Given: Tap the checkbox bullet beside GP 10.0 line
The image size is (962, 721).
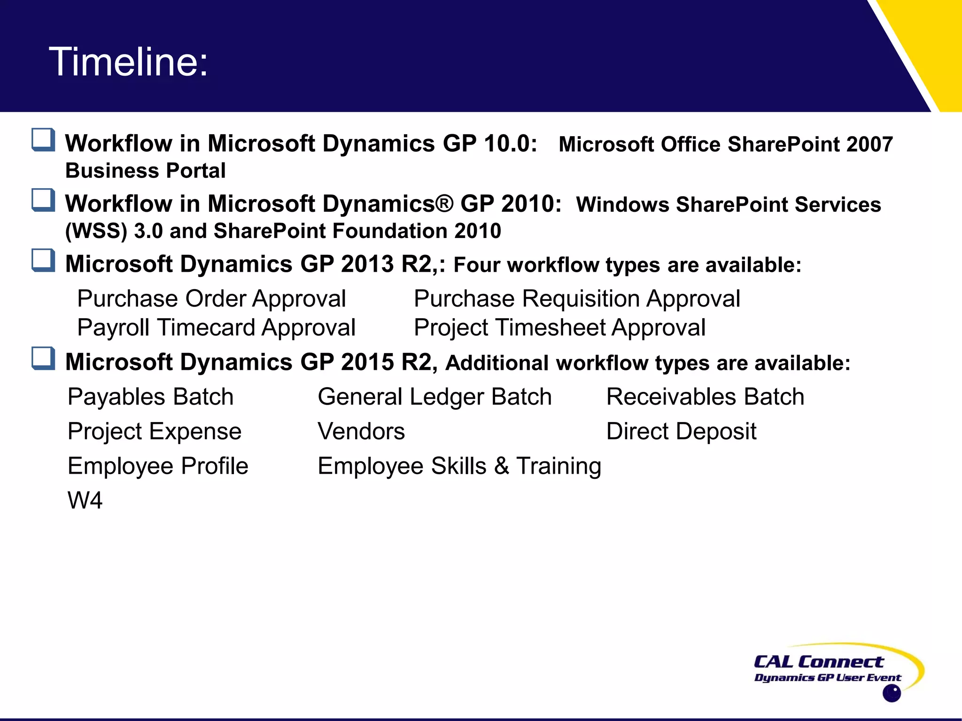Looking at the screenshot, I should (x=43, y=140).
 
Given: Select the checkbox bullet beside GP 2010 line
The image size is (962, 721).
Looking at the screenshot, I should (x=43, y=200).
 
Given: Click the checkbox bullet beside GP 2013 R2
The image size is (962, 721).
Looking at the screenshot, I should (x=43, y=260).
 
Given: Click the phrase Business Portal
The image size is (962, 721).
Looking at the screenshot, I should (x=145, y=171).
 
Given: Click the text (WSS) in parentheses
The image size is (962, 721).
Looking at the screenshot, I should (x=96, y=231).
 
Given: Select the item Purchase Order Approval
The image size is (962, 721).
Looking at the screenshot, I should (x=211, y=299).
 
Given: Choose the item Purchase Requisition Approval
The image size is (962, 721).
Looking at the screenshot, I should (x=577, y=299).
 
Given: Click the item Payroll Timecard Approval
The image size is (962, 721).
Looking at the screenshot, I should (x=216, y=328).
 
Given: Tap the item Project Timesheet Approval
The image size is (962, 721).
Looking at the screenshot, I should (x=559, y=328).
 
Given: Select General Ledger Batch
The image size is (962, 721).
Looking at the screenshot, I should (x=434, y=397).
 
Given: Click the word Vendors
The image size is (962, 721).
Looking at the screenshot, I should (x=361, y=431).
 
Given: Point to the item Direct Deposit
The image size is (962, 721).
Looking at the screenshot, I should (x=681, y=431).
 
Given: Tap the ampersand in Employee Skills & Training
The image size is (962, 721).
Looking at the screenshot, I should (x=501, y=466).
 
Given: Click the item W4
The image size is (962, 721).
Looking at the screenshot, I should (x=85, y=500).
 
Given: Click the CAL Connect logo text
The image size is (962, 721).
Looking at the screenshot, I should (x=818, y=662).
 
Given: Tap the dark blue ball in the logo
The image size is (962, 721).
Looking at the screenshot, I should (x=891, y=693).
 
